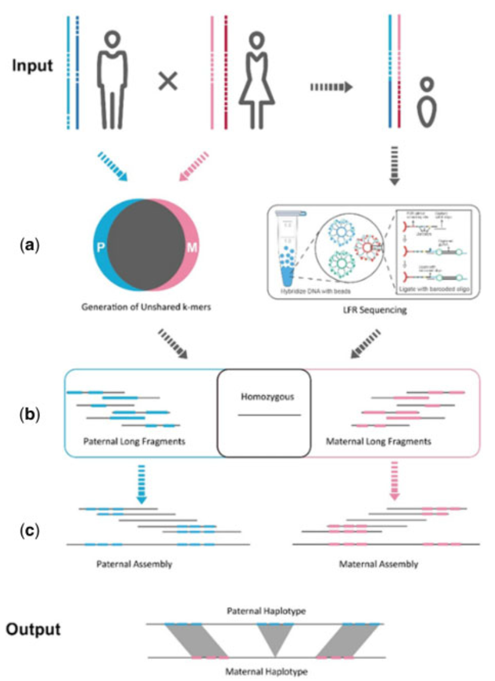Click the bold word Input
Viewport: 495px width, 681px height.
[33, 65]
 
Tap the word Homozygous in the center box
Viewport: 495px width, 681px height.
[264, 395]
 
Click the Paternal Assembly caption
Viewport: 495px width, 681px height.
[134, 563]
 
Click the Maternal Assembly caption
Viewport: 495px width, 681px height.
[378, 563]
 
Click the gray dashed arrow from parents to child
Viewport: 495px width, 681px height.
[332, 88]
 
